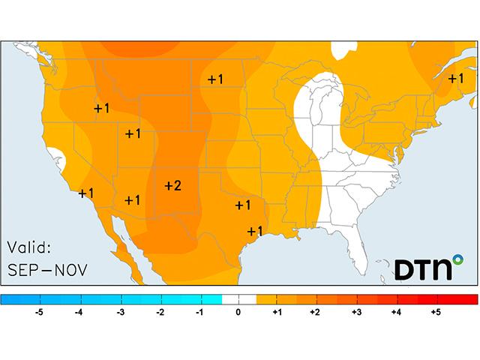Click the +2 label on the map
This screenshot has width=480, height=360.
coord(172,185)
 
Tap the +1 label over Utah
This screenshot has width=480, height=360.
coord(133,133)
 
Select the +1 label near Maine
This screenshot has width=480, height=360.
coord(456,78)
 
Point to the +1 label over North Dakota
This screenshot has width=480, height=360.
coord(216,79)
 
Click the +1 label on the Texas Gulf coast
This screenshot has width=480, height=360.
coord(254,230)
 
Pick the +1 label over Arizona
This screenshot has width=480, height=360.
coord(133,199)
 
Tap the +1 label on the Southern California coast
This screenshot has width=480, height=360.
coord(86,193)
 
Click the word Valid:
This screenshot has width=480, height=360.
coord(29,247)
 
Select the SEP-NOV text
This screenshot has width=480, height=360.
coord(47,268)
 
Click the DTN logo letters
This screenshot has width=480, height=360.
coord(421,269)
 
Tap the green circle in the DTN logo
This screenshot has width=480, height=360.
coord(457,262)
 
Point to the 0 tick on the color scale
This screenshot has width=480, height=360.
coord(238,313)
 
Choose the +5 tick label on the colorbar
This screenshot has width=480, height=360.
coord(436,313)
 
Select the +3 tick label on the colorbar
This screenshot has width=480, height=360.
coord(356,313)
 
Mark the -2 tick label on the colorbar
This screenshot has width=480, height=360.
coord(159,313)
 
